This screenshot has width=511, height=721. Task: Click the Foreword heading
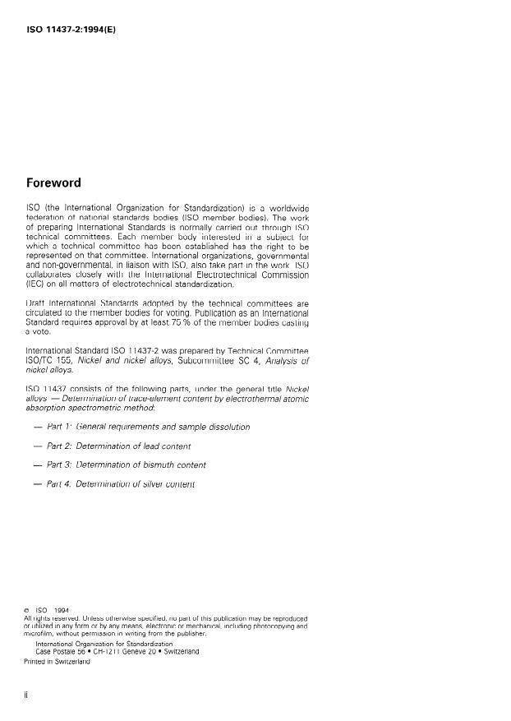pyautogui.click(x=53, y=183)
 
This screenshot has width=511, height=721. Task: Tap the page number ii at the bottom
pyautogui.click(x=27, y=695)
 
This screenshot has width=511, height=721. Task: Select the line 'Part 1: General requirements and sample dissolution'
pyautogui.click(x=148, y=427)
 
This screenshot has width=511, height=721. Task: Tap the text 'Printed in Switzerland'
pyautogui.click(x=57, y=660)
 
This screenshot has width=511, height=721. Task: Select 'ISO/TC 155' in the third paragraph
pyautogui.click(x=49, y=359)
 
